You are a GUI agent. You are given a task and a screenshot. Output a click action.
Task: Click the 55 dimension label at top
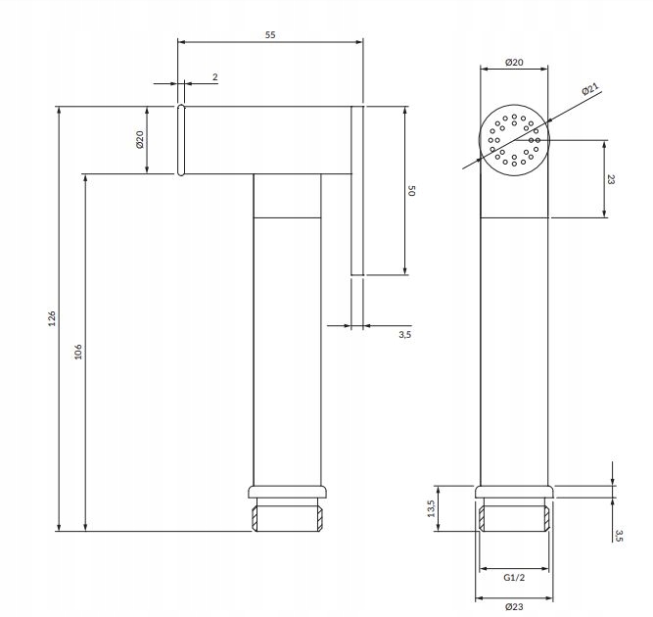click(270, 35)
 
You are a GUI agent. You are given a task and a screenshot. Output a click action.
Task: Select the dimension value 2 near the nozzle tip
click(213, 75)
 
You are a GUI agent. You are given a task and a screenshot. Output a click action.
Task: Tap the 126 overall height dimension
click(51, 318)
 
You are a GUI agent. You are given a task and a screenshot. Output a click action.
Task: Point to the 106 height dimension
click(77, 352)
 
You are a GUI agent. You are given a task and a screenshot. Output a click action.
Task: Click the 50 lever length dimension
click(412, 191)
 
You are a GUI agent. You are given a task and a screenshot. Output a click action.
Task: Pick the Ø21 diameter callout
click(590, 90)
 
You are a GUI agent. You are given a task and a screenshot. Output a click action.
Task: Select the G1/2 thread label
click(515, 578)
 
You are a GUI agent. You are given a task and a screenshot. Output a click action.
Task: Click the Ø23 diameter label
click(515, 606)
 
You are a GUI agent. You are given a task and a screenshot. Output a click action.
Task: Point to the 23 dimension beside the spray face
click(610, 179)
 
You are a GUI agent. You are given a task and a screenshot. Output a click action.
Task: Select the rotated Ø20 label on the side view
click(140, 139)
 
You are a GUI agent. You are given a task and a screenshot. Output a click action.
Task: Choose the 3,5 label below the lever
click(404, 335)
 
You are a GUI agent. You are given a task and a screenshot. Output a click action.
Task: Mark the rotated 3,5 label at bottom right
click(619, 534)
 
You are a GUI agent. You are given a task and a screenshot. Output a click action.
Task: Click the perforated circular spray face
click(515, 140)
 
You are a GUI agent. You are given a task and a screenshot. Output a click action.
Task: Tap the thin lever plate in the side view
click(357, 191)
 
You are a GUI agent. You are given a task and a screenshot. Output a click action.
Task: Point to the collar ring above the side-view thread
click(287, 493)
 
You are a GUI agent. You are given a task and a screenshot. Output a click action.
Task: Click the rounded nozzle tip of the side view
click(181, 139)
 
